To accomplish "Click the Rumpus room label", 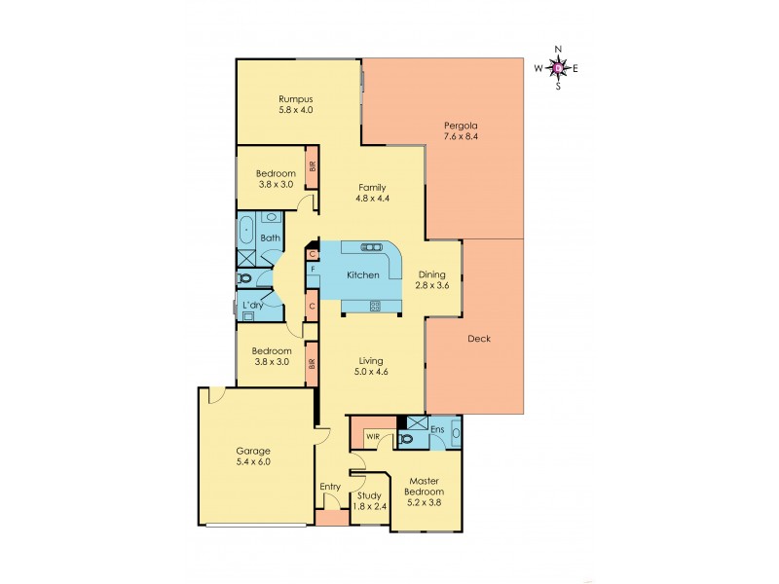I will [x=295, y=99].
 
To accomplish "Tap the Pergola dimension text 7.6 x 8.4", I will [x=462, y=136].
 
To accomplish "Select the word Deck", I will [x=478, y=339].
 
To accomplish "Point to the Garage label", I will [x=253, y=451].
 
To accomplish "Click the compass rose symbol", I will [x=557, y=67].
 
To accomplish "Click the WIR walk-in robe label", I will [x=373, y=437].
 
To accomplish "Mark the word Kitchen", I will [x=363, y=275].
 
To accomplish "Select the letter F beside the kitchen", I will [x=313, y=269].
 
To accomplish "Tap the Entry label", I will [x=330, y=487].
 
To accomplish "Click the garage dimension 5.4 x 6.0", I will [x=253, y=462].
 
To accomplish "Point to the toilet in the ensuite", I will [x=408, y=439].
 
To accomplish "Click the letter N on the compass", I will [x=558, y=49].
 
